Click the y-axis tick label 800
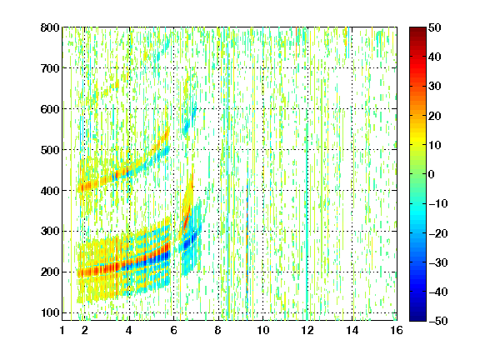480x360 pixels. [x=50, y=27]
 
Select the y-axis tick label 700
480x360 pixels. [x=50, y=68]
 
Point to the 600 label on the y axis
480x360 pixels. [x=50, y=109]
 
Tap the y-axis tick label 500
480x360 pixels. [x=50, y=150]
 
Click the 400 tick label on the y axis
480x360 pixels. [x=50, y=190]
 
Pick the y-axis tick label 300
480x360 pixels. [x=50, y=231]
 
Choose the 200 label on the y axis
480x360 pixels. [x=50, y=272]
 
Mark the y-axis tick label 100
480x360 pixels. [x=50, y=312]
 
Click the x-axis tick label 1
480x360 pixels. [x=62, y=330]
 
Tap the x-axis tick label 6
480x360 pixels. [x=173, y=330]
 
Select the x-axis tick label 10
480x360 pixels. [x=262, y=330]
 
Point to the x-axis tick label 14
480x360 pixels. [x=352, y=330]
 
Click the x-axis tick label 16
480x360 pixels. [x=397, y=330]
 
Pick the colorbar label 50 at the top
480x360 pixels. [x=434, y=27]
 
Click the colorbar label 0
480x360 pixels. [x=432, y=174]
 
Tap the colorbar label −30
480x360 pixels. [x=437, y=262]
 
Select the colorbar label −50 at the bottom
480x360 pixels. [x=437, y=321]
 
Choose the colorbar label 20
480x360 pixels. [x=434, y=116]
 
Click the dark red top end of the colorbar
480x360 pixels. [x=417, y=30]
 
